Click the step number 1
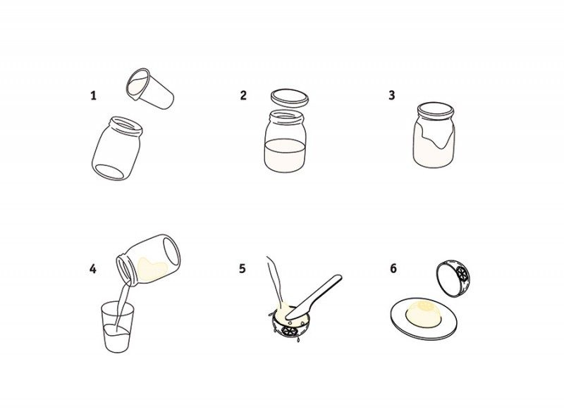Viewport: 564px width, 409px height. tap(94, 96)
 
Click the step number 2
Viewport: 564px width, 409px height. tap(243, 95)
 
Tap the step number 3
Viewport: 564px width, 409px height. tap(392, 95)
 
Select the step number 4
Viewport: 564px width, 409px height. tap(93, 269)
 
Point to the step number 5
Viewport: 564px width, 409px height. tap(242, 268)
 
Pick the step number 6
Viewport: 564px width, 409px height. tap(393, 268)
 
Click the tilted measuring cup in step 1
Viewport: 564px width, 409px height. tap(149, 88)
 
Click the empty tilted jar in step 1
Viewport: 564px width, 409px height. tap(116, 148)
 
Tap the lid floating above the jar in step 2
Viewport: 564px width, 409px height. tap(290, 98)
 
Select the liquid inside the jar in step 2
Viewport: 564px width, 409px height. tap(285, 155)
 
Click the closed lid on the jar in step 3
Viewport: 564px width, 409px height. tap(436, 110)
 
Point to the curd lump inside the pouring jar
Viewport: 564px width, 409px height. tap(152, 269)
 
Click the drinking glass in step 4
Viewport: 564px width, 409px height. tap(118, 327)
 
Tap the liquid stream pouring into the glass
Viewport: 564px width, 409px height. tap(121, 306)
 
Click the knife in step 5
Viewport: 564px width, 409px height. tap(314, 297)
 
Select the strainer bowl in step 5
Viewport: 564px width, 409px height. tap(290, 323)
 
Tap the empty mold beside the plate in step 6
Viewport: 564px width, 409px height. tap(453, 279)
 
